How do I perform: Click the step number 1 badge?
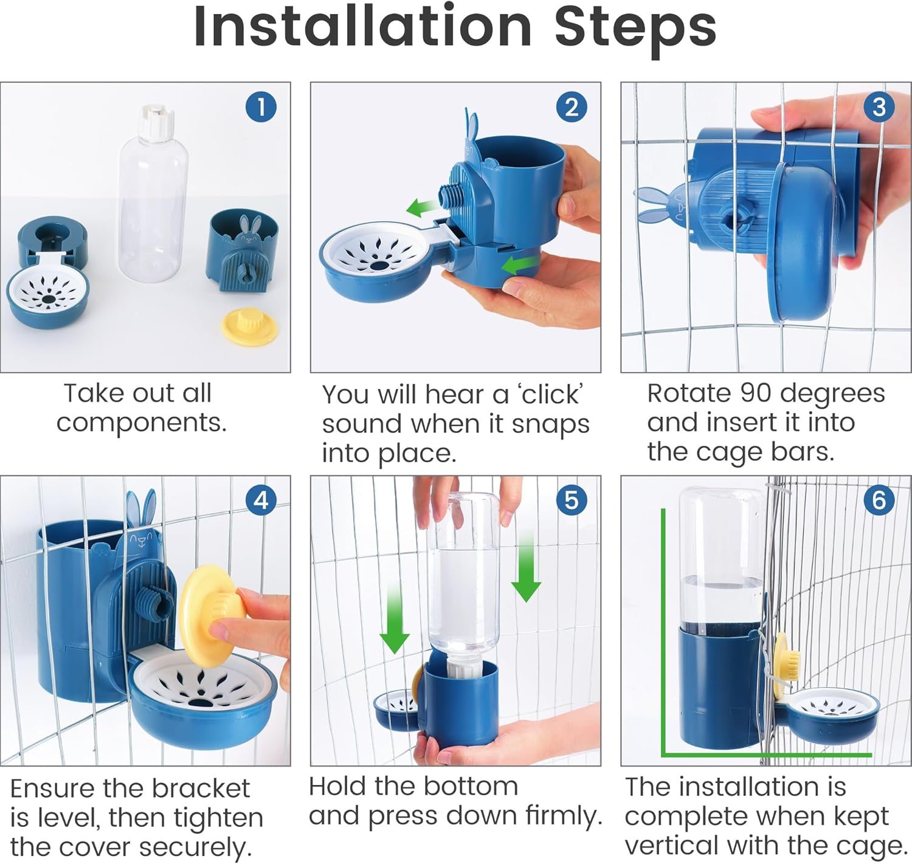[x=261, y=107]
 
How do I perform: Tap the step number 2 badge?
[x=572, y=107]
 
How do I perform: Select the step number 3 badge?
[x=879, y=107]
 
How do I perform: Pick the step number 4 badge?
[x=261, y=500]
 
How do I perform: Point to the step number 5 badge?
[x=572, y=500]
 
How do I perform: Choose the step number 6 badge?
[x=879, y=500]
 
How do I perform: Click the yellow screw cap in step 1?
[x=249, y=328]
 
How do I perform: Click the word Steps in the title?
[x=635, y=29]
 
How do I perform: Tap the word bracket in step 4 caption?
[x=201, y=789]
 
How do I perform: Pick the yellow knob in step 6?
[x=787, y=657]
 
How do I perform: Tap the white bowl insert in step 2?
[x=377, y=246]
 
